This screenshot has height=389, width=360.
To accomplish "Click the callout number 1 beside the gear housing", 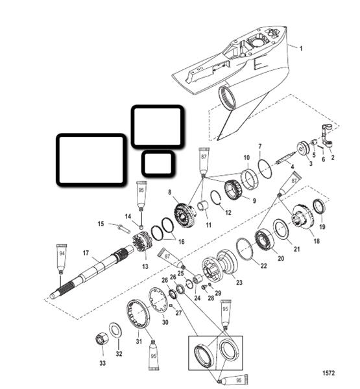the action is pyautogui.click(x=301, y=49).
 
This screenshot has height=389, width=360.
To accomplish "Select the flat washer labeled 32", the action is pyautogui.click(x=115, y=330).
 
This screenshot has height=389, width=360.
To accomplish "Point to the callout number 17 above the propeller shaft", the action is pyautogui.click(x=86, y=253).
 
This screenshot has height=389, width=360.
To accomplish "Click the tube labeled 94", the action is pyautogui.click(x=62, y=259).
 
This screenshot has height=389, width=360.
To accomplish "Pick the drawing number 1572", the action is pyautogui.click(x=328, y=373).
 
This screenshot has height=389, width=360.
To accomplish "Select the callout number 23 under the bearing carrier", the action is pyautogui.click(x=239, y=283).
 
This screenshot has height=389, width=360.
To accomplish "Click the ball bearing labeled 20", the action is pyautogui.click(x=265, y=241).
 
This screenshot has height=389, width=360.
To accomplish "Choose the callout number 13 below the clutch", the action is pyautogui.click(x=145, y=266).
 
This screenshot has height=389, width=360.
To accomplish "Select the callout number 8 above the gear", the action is pyautogui.click(x=170, y=193).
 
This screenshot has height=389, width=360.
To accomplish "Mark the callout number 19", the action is pyautogui.click(x=322, y=227).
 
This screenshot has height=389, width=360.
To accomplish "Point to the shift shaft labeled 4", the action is pyautogui.click(x=286, y=158).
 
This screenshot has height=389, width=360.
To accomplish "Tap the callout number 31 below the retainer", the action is pyautogui.click(x=139, y=342).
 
